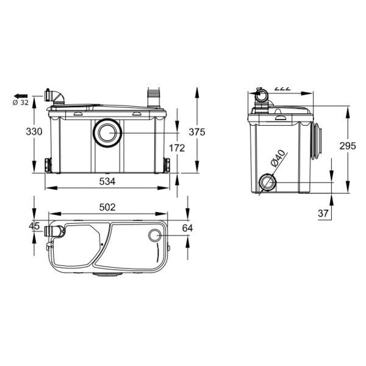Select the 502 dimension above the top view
(107, 207)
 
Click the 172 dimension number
(176, 147)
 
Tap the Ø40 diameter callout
(277, 161)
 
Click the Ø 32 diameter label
(21, 102)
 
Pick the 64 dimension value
(188, 228)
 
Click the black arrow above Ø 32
(21, 95)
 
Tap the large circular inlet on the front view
(107, 131)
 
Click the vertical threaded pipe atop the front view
(152, 97)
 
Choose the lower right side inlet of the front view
(167, 165)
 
